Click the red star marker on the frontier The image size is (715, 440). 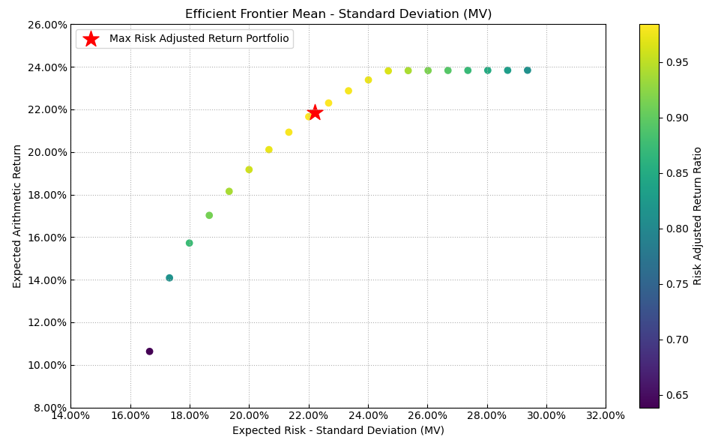pos(315,112)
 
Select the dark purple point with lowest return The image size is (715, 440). pos(149,352)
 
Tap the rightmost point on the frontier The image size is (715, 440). pos(527,70)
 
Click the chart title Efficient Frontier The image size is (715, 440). pos(338,14)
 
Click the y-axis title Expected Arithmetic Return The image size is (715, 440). pos(18,216)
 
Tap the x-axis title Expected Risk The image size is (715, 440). pos(338,430)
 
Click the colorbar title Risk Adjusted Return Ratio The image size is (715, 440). pos(698,216)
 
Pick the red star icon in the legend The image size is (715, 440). pos(91,39)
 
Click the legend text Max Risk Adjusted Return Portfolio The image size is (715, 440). pos(199,39)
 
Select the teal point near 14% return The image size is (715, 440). pos(169,278)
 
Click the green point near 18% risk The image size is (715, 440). pos(189,243)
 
